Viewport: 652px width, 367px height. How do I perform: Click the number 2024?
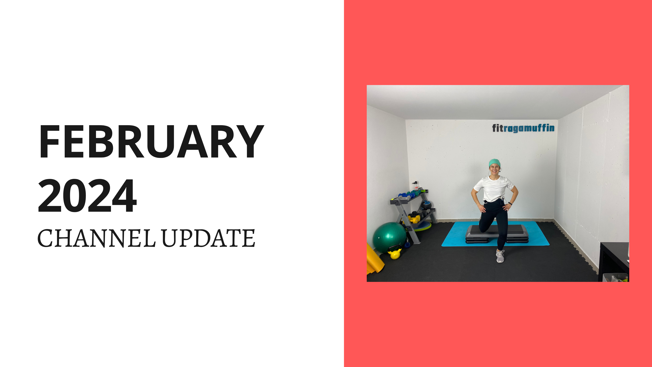87,196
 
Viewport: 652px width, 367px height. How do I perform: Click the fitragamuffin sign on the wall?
523,128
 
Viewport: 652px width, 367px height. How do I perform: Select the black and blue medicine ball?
427,204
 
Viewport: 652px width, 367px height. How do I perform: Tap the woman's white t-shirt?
494,189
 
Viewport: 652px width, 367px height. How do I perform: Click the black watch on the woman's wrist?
510,203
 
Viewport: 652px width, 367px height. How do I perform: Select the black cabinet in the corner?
612,261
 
